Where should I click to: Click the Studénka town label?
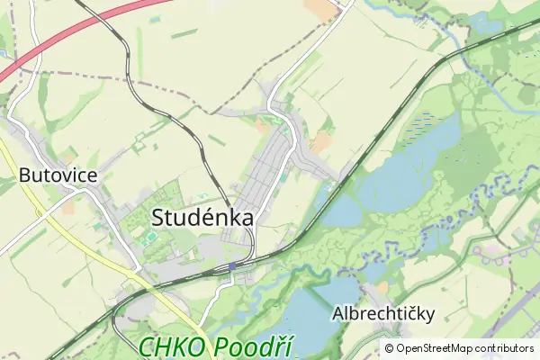pos(202,217)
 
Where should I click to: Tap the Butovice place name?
pos(58,175)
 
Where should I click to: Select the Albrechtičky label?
pos(383,313)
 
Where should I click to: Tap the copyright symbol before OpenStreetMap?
pos(390,348)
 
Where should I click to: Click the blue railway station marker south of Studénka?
pos(232,265)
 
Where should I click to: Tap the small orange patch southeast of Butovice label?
pos(68,208)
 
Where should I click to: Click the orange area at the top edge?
pos(319,9)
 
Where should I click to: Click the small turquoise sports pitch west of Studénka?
pos(150,237)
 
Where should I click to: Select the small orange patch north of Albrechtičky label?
pos(382,288)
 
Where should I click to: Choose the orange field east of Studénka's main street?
pos(319,142)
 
